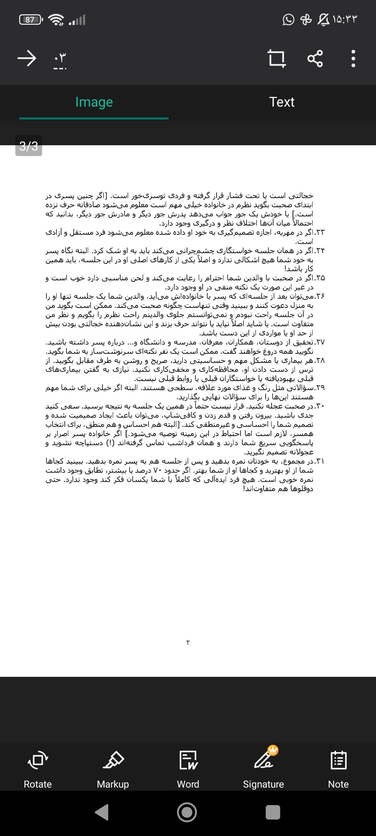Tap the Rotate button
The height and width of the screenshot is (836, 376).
click(x=38, y=770)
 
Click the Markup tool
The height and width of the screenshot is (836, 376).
click(x=113, y=770)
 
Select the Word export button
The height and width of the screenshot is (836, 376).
click(x=188, y=770)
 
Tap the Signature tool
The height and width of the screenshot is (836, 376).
click(x=264, y=770)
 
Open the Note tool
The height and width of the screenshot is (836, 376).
click(x=338, y=770)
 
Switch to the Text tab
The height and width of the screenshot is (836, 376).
click(x=282, y=102)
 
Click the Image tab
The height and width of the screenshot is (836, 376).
click(x=94, y=102)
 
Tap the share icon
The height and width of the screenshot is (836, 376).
click(x=315, y=58)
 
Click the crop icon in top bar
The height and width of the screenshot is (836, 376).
click(x=276, y=58)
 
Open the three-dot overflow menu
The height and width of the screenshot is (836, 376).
click(x=353, y=58)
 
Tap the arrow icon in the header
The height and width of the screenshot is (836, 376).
click(x=27, y=58)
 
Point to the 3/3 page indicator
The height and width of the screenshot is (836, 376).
click(x=29, y=146)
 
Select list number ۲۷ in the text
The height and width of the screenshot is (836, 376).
click(x=320, y=342)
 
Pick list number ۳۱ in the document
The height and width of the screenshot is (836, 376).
click(x=320, y=462)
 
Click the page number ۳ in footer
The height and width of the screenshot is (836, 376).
click(x=188, y=642)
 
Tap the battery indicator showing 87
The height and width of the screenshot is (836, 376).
click(x=31, y=20)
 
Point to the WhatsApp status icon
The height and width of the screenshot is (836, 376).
click(x=288, y=20)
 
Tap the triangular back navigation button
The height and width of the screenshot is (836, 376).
click(x=102, y=812)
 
